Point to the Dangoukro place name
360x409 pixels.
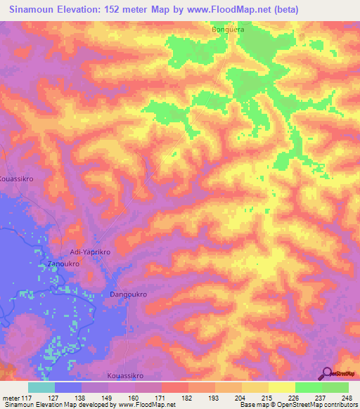coord(128,295)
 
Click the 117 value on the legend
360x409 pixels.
coord(28,398)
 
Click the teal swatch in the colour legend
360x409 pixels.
coord(41,387)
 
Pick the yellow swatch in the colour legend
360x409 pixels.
coord(282,387)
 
